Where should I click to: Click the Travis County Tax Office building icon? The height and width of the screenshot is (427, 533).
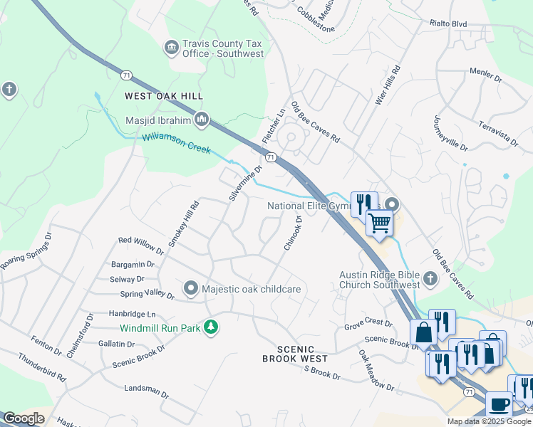171,48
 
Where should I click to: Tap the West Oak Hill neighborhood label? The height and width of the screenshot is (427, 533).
164,96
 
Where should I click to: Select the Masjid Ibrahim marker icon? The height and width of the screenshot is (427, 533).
202,119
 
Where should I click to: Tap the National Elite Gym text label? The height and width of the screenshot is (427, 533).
310,206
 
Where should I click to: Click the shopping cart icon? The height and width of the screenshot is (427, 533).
379,223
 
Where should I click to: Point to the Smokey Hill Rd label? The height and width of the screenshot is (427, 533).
184,224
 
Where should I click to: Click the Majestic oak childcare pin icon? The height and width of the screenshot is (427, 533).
191,288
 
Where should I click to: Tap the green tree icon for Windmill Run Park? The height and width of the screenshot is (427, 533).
210,327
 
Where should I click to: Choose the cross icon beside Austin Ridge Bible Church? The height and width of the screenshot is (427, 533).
430,279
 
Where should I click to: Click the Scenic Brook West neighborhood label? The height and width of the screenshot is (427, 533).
294,354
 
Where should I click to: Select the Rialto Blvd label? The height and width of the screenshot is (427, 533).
448,23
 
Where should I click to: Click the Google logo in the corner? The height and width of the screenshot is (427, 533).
23,418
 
